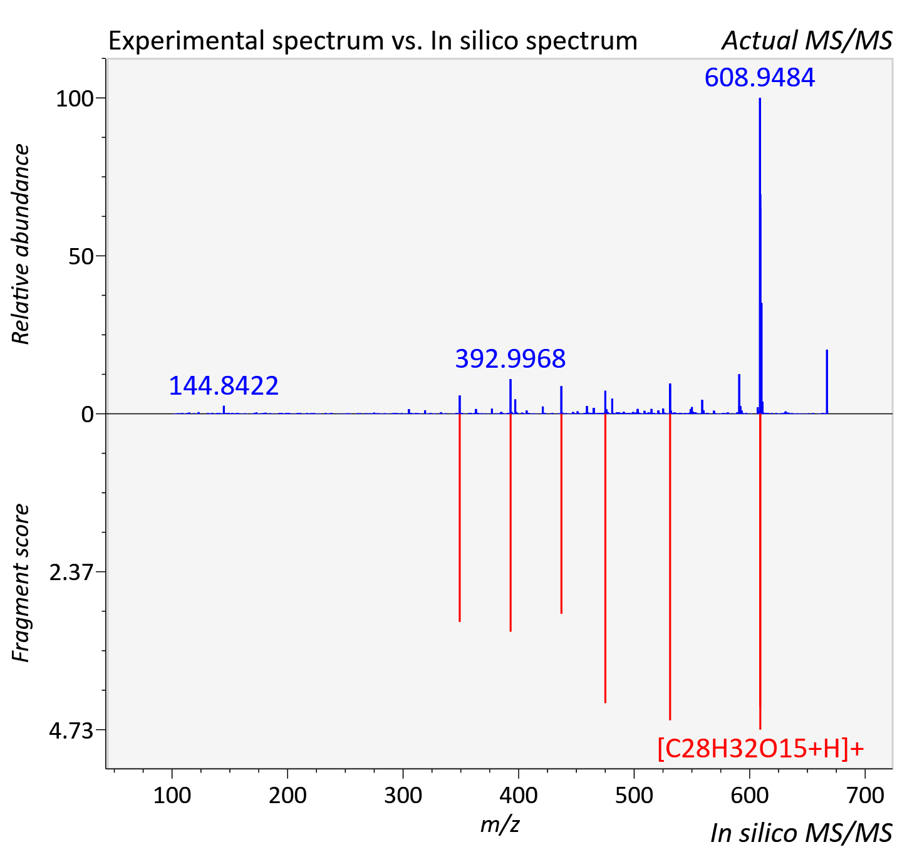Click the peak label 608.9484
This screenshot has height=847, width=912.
click(760, 77)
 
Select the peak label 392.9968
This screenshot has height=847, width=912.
click(510, 359)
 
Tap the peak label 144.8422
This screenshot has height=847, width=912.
click(224, 385)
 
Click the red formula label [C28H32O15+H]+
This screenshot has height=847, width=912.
click(761, 749)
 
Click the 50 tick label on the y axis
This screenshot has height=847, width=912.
click(81, 257)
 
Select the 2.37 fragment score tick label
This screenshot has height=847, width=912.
click(71, 573)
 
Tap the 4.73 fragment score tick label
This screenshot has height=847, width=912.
click(71, 731)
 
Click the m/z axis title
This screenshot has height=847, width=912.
click(500, 824)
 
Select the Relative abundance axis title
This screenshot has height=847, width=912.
click(21, 244)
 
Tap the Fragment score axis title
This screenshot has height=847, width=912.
click(21, 583)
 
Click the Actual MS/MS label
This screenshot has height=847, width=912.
click(807, 41)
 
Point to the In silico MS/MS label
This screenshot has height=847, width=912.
click(801, 833)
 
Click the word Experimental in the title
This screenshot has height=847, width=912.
click(189, 41)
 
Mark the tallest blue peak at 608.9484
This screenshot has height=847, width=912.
click(760, 256)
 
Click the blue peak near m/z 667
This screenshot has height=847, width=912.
click(827, 382)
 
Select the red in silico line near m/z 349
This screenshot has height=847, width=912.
click(460, 517)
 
